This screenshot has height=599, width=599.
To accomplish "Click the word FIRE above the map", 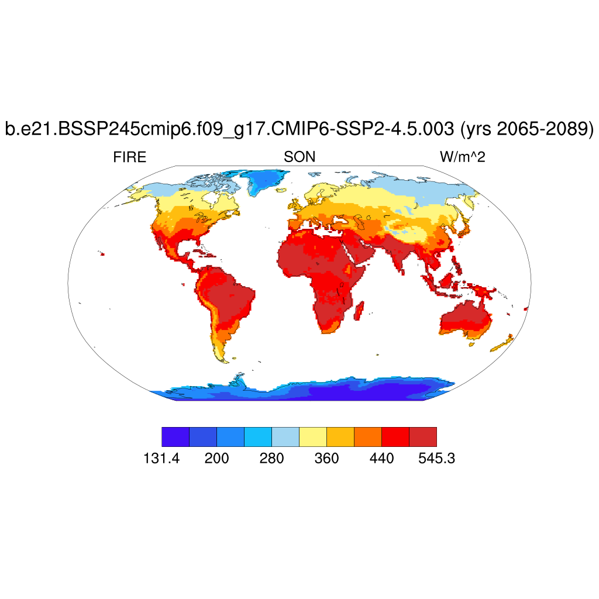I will (129, 157).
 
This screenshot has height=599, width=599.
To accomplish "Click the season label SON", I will (299, 157).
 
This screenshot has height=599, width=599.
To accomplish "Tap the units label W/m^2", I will (463, 157).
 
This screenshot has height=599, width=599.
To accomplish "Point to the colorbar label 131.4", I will (161, 459).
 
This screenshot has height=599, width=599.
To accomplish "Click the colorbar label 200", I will (216, 459).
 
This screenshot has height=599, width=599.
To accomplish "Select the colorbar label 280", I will (271, 459).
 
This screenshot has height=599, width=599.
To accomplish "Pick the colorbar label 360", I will (326, 459).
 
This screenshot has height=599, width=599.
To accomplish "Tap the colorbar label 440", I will (381, 459).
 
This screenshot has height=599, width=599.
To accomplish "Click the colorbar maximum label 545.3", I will (436, 459).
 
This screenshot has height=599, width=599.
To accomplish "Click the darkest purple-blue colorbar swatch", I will (175, 437).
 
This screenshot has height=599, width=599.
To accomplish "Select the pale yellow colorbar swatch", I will (312, 437).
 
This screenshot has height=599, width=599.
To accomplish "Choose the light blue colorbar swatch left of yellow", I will (285, 437).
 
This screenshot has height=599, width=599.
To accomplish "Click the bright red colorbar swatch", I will (395, 437).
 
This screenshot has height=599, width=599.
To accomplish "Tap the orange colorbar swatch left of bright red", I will (367, 437).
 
